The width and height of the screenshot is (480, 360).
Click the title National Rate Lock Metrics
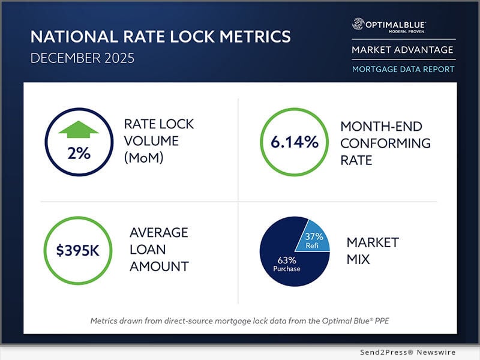[160, 37]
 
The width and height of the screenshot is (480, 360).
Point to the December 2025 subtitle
[82, 60]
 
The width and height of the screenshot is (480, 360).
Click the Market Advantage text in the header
[403, 50]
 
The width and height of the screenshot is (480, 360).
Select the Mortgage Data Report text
[403, 69]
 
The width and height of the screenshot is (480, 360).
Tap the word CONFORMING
[385, 143]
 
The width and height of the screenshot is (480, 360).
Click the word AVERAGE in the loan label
[159, 232]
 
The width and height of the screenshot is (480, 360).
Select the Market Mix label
[372, 251]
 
